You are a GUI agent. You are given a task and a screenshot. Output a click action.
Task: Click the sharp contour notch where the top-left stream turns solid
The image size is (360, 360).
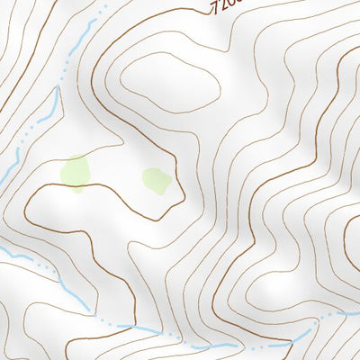[x=56, y=89]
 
